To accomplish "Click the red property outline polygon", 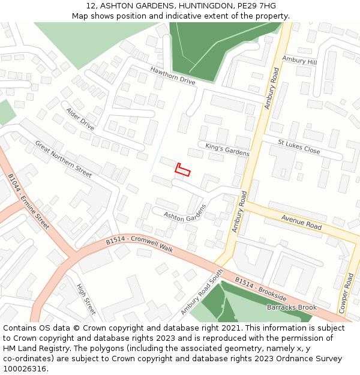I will click(182, 170).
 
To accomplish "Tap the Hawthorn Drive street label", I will click(173, 76).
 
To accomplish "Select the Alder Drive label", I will click(80, 119).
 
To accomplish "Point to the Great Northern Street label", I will click(64, 159).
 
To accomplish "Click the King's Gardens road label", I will click(227, 149).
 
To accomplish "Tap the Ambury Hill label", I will click(299, 61).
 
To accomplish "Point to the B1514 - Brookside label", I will click(260, 289).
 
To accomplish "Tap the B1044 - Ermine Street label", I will click(28, 202).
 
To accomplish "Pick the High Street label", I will click(86, 299).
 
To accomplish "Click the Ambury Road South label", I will click(202, 293).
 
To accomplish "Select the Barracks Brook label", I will click(292, 307).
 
